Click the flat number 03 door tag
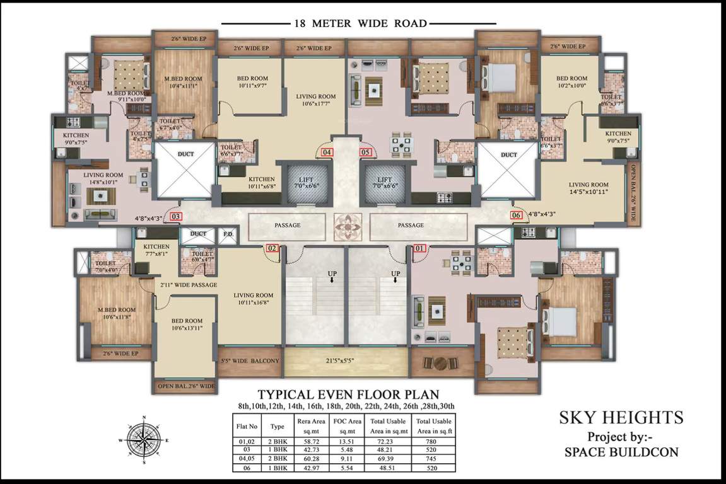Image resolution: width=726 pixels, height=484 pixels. coord(177,216)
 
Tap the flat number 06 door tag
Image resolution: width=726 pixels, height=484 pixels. coord(517,215)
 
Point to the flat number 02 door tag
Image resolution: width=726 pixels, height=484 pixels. coord(272,248)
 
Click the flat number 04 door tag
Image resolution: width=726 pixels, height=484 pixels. coord(327,152)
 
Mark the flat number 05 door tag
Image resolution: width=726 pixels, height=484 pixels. coord(365,152)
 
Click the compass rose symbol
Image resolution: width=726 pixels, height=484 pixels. coord(144,440)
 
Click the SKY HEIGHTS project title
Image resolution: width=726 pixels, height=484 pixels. coord(621,417)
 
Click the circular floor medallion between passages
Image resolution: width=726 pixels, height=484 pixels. coord(347,224)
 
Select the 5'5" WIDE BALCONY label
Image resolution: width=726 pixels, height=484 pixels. coord(250,361)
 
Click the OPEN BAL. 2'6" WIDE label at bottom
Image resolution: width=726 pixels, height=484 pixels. coord(186,386)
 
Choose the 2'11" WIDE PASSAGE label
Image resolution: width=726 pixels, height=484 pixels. coord(187,285)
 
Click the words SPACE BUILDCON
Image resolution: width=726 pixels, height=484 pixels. coord(621,452)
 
